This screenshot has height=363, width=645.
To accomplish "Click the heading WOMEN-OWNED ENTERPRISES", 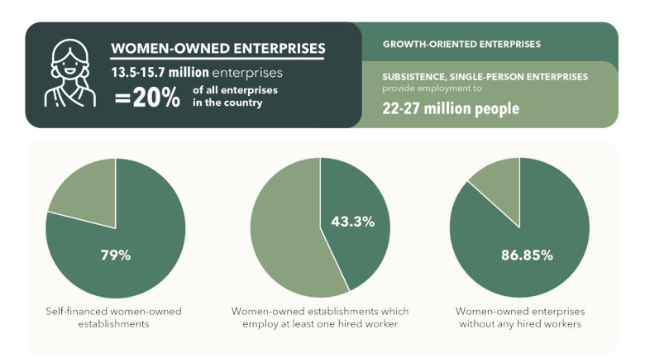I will tap(218, 48).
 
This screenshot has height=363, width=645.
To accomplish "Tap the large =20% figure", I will tap(147, 98).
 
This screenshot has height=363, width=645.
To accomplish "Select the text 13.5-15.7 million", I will tap(160, 72).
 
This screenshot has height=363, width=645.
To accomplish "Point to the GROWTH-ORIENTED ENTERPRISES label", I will tap(461, 43).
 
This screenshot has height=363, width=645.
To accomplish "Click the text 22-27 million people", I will tap(450, 108).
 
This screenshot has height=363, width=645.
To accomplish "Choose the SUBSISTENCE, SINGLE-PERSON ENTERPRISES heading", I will tap(485, 76).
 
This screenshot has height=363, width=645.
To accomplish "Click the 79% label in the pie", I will tap(115, 256).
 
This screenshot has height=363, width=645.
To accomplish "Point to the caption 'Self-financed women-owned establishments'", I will tap(114, 318).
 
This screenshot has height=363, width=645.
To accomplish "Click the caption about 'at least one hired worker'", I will tap(320, 318).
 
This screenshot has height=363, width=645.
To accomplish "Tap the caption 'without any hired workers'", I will tap(518, 318).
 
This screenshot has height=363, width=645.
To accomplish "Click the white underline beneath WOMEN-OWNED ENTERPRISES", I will tap(218, 59).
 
